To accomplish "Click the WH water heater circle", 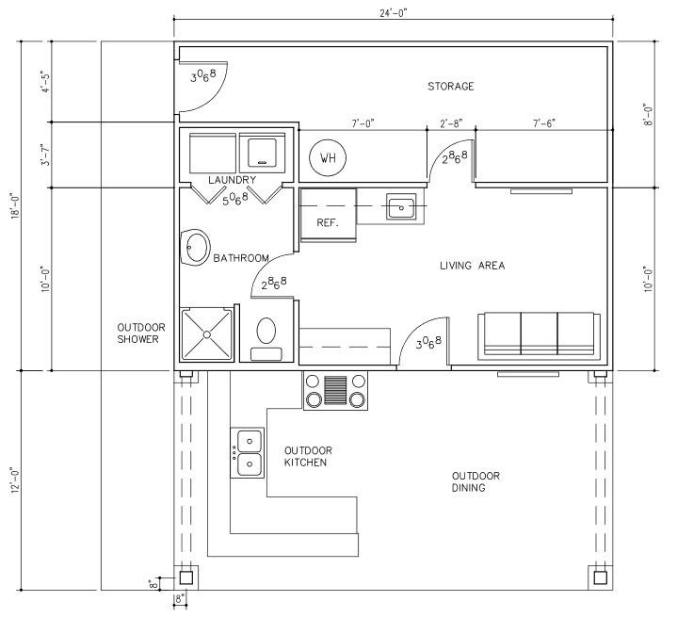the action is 328,157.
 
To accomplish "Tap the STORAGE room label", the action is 451,87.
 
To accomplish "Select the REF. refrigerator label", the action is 328,223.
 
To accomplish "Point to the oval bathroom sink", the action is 195,248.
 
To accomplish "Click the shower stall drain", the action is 207,334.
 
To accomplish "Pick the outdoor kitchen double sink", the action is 248,453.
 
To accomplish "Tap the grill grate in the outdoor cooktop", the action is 335,390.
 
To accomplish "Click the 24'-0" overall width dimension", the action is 394,13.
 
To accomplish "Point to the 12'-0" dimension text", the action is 16,480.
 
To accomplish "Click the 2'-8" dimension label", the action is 451,123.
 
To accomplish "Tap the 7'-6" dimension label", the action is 544,123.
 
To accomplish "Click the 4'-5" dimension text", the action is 46,82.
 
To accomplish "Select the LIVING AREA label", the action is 473,266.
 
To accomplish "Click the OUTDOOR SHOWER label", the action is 141,333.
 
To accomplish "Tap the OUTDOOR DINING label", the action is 476,481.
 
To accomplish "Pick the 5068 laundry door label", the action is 235,199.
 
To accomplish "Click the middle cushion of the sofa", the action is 539,333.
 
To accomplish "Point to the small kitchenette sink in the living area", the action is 401,208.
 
